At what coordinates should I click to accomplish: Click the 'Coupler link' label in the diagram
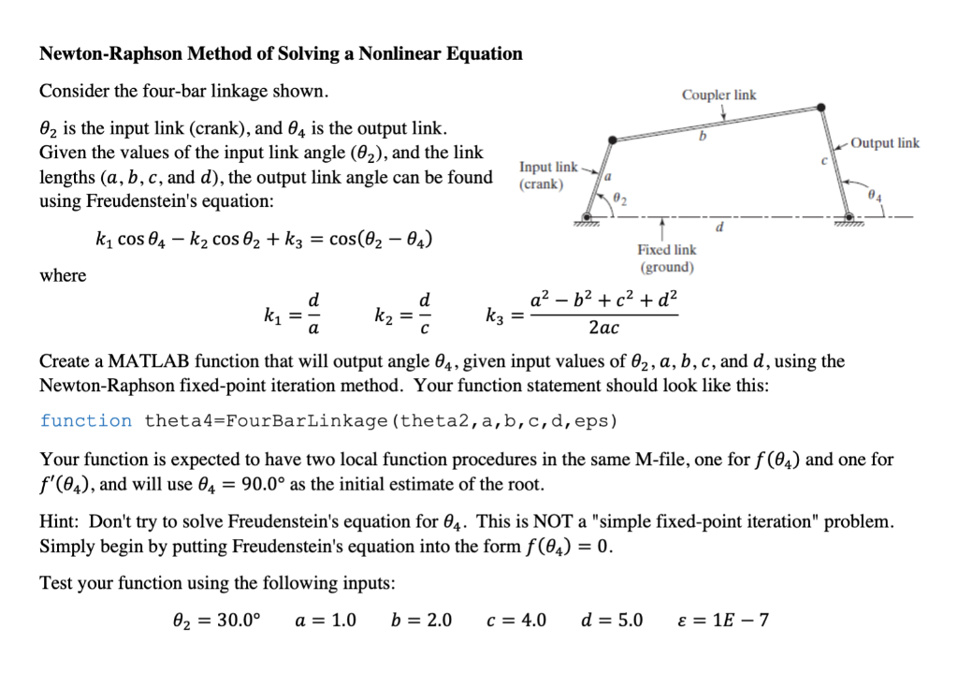(x=718, y=95)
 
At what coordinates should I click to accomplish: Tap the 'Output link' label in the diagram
(x=885, y=143)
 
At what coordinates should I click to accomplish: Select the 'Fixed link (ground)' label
(x=666, y=258)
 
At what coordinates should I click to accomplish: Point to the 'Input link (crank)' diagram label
(x=548, y=175)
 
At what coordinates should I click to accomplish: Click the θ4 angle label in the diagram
(x=874, y=198)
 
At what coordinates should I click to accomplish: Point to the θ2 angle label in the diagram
(x=622, y=196)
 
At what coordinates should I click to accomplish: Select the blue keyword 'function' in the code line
(x=86, y=420)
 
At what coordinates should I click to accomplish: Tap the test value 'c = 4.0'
(x=517, y=620)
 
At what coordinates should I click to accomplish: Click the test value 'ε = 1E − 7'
(x=721, y=620)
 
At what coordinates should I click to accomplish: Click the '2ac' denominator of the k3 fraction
(x=603, y=329)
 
